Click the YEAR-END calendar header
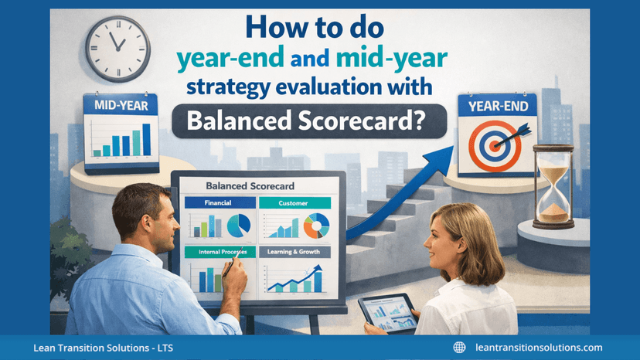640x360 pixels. (495, 107)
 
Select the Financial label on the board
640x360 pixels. (218, 203)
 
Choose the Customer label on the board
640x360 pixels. (294, 203)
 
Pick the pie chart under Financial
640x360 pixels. (238, 226)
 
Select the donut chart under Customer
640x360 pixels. (315, 226)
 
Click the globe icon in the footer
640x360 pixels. (459, 348)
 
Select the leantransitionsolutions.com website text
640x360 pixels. (539, 348)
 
